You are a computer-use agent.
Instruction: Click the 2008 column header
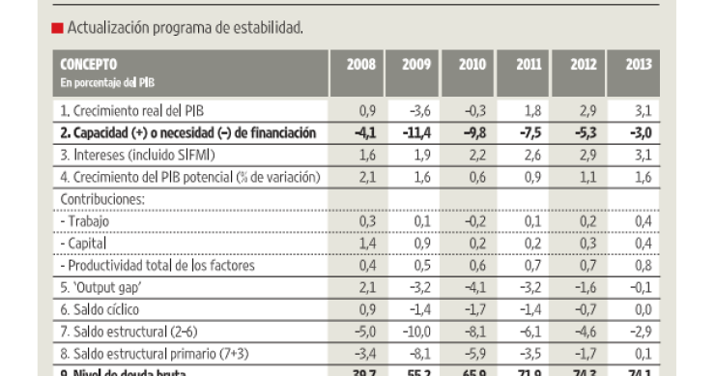361,65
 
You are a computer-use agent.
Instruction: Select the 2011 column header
528,65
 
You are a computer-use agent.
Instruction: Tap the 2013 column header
638,65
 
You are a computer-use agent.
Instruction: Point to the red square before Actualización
57,28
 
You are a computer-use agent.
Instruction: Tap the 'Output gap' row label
101,287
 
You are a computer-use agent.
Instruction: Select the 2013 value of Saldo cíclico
639,309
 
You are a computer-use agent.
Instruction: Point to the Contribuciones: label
102,199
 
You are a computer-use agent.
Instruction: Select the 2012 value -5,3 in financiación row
582,132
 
